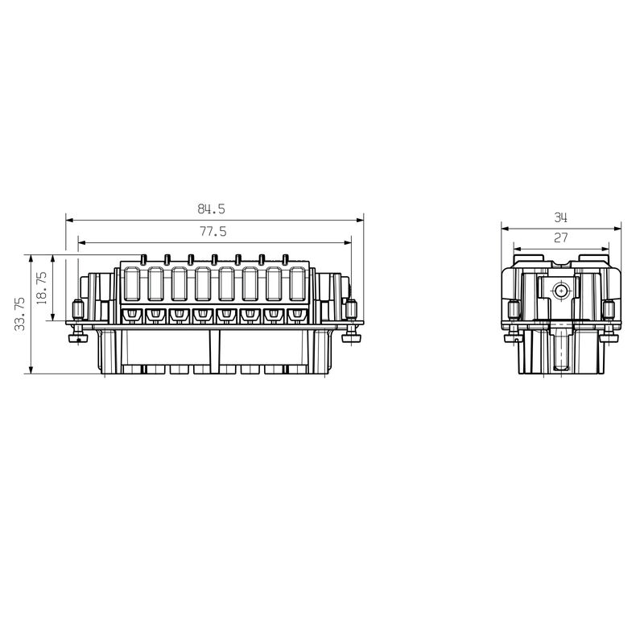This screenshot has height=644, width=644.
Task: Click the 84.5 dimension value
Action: tap(212, 208)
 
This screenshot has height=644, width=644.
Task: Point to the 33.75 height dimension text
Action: tap(20, 314)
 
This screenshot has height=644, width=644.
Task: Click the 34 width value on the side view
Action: tap(561, 217)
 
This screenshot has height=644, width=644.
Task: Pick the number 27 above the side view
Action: tap(561, 237)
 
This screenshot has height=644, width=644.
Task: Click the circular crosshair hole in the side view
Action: tap(561, 291)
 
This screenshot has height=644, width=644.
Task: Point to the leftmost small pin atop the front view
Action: tap(142, 259)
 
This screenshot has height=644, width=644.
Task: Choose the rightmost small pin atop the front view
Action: tap(286, 259)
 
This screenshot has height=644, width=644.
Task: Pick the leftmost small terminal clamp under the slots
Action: tap(130, 315)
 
